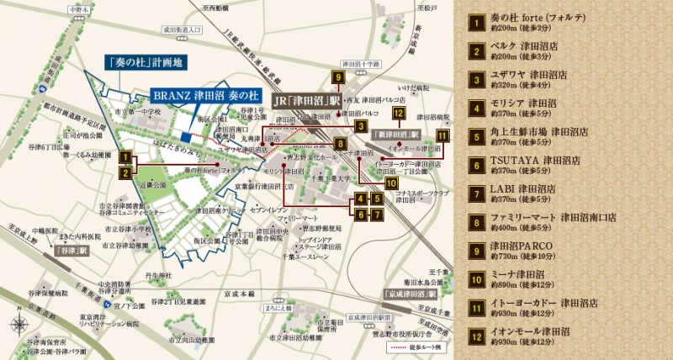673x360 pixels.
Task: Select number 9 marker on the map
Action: (x=337, y=78)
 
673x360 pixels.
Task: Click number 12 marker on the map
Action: (x=399, y=114)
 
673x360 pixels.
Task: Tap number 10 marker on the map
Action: (x=390, y=179)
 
